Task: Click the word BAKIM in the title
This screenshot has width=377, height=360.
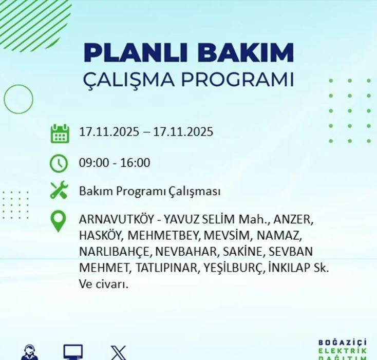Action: (x=245, y=53)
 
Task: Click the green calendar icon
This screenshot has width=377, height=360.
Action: (x=60, y=133)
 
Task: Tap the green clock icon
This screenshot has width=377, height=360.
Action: (x=59, y=163)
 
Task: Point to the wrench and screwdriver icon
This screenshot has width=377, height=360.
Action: (x=59, y=191)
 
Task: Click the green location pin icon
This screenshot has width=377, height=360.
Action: (x=59, y=221)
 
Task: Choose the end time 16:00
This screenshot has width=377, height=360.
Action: (x=135, y=163)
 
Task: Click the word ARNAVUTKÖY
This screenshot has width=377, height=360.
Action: (x=116, y=220)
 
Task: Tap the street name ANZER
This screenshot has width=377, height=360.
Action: (x=292, y=220)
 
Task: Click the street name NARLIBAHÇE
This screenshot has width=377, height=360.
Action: (x=115, y=252)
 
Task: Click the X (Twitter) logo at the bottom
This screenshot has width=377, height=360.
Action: (x=118, y=353)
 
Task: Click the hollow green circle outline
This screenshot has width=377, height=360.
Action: (x=18, y=99)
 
